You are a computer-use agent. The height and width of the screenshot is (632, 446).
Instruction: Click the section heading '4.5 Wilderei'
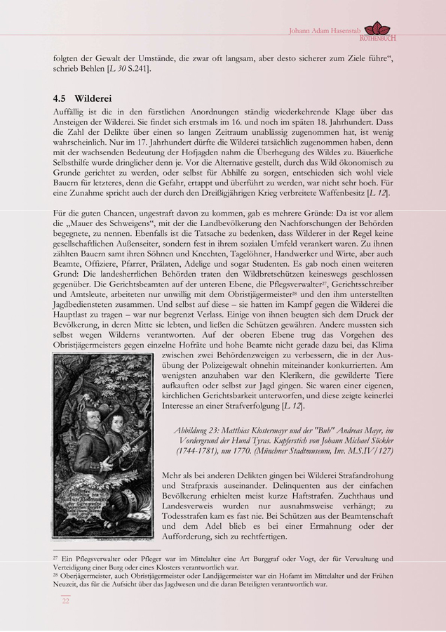(x=82, y=98)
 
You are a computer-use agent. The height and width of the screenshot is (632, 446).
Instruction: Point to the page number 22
(x=65, y=600)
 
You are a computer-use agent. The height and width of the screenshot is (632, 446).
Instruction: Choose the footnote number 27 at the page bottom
(x=55, y=558)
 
